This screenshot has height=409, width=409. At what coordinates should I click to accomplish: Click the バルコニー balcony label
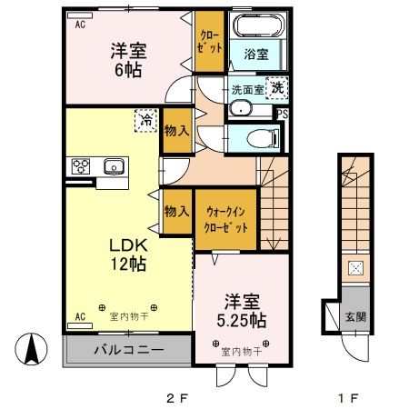128,350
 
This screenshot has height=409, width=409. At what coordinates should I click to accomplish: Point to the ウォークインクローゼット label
225,218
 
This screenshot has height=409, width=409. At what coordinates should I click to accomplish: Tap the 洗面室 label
247,90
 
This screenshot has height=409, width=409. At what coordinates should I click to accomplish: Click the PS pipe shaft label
283,114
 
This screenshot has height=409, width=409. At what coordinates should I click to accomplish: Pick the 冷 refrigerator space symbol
145,119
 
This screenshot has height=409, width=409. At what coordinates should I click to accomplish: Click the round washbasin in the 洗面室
241,109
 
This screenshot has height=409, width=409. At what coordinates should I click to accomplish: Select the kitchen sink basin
115,165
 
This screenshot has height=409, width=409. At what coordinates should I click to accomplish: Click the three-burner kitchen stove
79,165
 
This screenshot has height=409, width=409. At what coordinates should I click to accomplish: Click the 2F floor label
176,397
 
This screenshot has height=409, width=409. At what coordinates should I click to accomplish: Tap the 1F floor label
350,397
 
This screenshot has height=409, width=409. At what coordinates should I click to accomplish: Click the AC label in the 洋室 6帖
79,25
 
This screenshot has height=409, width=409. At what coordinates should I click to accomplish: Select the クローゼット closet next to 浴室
210,41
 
